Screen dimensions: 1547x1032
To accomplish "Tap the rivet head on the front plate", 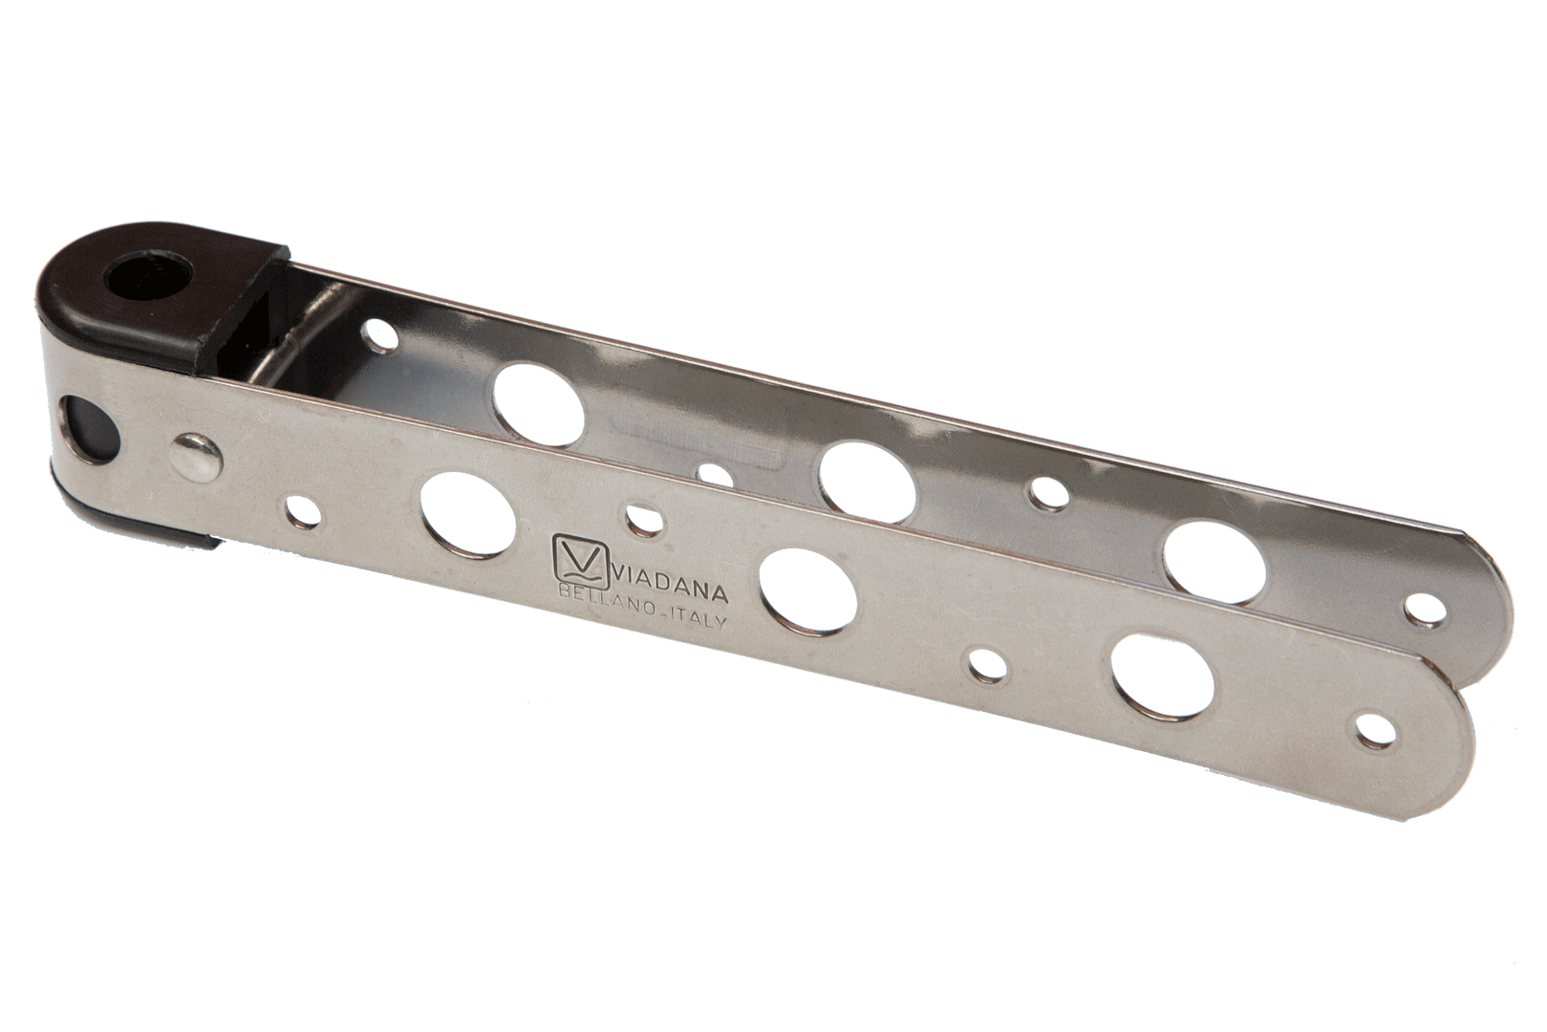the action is [x=196, y=453].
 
